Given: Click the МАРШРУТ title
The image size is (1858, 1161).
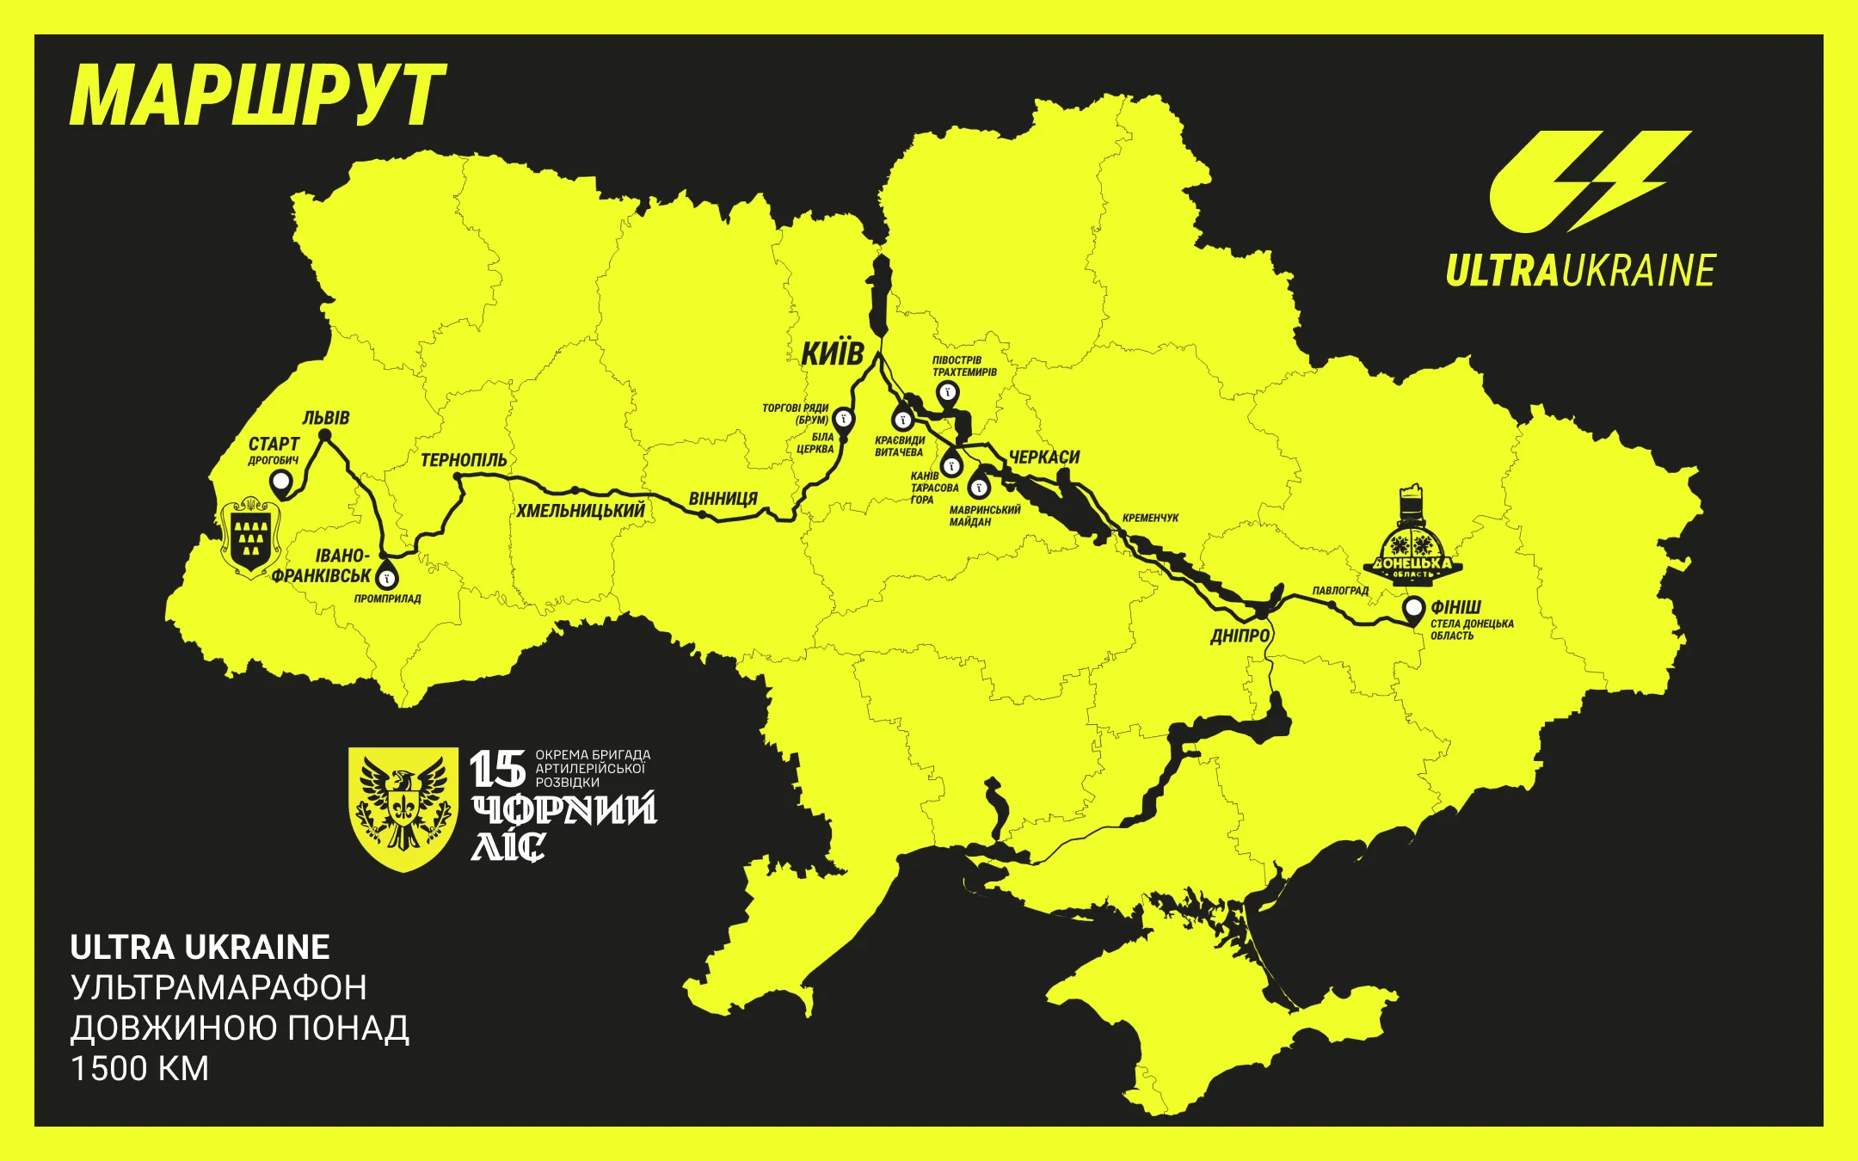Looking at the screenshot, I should click(x=257, y=95).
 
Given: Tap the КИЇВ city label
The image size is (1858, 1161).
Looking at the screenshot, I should click(x=832, y=353).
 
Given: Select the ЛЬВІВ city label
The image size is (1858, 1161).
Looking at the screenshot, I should click(x=325, y=418).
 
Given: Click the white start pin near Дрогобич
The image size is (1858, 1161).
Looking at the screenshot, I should click(x=280, y=483).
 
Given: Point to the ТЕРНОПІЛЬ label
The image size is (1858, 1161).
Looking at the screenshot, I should click(x=464, y=461).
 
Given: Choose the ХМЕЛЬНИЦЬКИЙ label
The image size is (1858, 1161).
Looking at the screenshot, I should click(x=581, y=511).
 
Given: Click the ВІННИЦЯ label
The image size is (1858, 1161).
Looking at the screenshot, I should click(x=723, y=499).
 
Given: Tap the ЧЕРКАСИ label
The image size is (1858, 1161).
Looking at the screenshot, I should click(x=1043, y=458).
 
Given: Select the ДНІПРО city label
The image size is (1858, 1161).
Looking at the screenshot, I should click(x=1240, y=636).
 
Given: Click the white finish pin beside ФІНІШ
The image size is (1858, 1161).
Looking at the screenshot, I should click(x=1413, y=608).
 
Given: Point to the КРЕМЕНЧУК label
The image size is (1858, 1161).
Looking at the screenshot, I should click(x=1150, y=518).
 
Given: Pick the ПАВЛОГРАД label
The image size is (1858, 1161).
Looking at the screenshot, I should click(x=1340, y=591).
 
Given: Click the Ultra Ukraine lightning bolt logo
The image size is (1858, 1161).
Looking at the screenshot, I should click(x=1590, y=181).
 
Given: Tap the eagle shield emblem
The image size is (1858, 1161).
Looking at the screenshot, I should click(x=403, y=807).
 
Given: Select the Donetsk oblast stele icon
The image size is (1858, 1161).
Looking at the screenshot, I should click(x=1412, y=537).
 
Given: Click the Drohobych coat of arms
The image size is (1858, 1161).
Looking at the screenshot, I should click(x=250, y=536).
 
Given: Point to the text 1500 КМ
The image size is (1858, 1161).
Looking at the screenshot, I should click(x=140, y=1069).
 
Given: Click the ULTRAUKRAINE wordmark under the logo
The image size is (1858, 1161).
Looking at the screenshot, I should click(x=1580, y=271).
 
